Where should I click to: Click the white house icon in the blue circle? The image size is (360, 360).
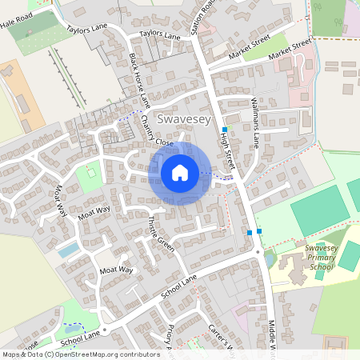coord(179,173)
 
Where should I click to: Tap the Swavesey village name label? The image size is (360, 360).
coord(186,119)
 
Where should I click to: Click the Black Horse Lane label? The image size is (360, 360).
coord(139,81)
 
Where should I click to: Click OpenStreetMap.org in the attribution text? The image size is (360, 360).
coord(94,354)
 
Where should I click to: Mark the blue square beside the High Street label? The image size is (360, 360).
coord(225,129)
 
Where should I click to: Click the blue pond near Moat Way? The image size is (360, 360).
coord(69,250)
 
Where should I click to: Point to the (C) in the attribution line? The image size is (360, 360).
coord(49,354)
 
